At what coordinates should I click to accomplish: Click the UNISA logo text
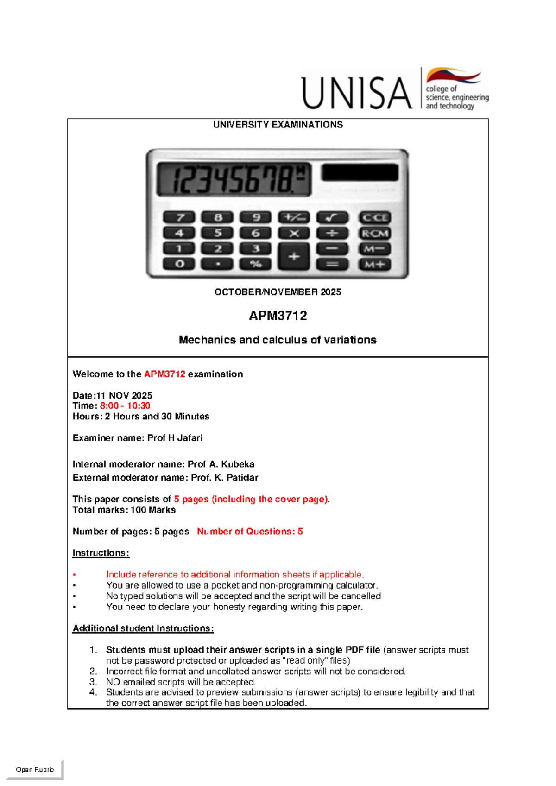(x=357, y=93)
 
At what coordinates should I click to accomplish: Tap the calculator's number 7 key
(x=179, y=217)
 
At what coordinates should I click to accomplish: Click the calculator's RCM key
(x=375, y=233)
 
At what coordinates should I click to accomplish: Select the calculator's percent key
(x=256, y=264)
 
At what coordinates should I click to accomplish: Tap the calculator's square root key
(x=332, y=217)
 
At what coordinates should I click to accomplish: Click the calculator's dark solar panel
(x=360, y=172)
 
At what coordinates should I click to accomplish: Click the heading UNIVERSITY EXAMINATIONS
(x=278, y=125)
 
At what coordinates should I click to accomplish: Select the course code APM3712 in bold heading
(x=278, y=316)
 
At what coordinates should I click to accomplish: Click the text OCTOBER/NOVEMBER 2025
(x=278, y=292)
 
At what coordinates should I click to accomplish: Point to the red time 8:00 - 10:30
(x=125, y=406)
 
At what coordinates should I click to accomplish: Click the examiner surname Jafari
(x=190, y=438)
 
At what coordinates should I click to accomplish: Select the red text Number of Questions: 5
(x=250, y=532)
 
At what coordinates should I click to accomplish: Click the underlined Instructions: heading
(x=101, y=553)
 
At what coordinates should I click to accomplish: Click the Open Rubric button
(x=35, y=770)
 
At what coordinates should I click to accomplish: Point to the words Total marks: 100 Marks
(x=124, y=510)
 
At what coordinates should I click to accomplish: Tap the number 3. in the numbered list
(x=93, y=682)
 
